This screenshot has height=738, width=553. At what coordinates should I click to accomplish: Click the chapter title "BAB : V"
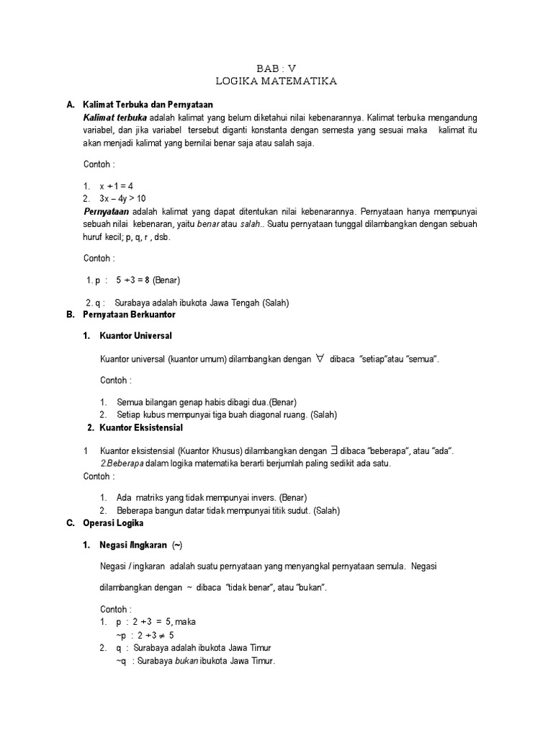276,68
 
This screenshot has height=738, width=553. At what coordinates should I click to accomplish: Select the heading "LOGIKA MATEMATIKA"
276,81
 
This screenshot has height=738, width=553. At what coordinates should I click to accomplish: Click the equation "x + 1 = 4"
121,186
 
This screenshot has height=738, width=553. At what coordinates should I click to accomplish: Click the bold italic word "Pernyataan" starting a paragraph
107,211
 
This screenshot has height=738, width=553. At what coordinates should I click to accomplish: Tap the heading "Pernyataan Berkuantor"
130,315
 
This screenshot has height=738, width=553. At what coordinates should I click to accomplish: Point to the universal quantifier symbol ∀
320,358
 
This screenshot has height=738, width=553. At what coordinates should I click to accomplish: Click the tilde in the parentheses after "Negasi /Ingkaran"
177,544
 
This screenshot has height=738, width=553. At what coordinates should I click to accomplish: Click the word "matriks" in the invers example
150,497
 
